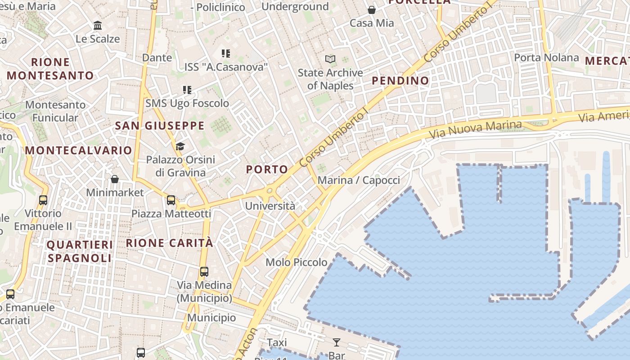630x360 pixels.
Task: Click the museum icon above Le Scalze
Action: coord(98,26)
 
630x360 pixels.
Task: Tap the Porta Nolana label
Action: coord(546,58)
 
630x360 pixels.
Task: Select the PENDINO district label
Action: coord(400,81)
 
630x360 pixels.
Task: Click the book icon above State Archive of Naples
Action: coord(330,59)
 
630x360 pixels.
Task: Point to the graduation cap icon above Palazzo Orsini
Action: coord(180,146)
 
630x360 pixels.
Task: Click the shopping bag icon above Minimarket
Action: coord(115,179)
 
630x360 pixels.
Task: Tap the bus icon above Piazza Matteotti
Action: coord(171,200)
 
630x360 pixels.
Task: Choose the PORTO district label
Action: coord(267,170)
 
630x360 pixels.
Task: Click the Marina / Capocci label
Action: coord(359,180)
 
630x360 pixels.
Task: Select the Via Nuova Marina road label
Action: coord(476,130)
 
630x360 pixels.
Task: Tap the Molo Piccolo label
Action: coord(297,262)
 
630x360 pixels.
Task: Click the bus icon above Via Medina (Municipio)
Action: coord(204,272)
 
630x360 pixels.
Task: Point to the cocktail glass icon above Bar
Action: coord(337,342)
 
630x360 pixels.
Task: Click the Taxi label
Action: coord(277,343)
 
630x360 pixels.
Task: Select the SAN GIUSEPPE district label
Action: coord(160,126)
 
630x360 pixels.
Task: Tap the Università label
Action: coord(270,206)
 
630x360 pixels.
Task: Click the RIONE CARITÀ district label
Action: coord(170,243)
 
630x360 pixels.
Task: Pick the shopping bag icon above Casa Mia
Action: coord(372,9)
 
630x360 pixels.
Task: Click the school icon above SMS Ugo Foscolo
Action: coord(187,90)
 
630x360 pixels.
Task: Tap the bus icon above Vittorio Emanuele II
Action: coord(43,200)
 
